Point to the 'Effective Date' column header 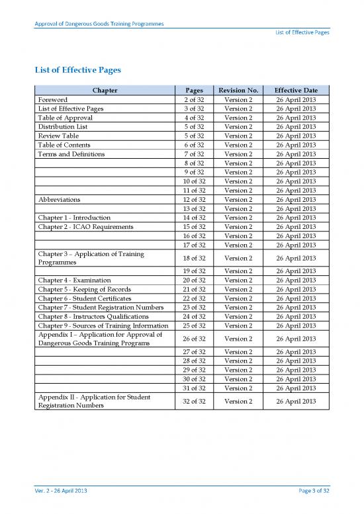(296, 89)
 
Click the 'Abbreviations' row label (60, 199)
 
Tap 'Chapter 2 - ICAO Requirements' (86, 227)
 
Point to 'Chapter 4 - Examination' (75, 280)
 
